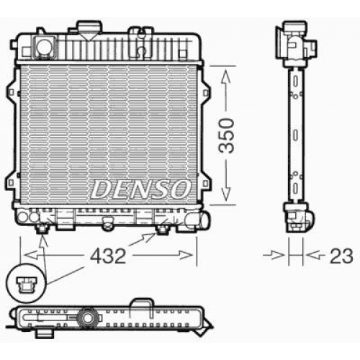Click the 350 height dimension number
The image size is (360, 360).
pyautogui.click(x=226, y=135)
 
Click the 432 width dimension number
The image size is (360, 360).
pyautogui.click(x=108, y=256)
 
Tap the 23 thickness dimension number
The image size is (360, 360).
pyautogui.click(x=341, y=256)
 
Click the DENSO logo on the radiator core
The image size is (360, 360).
pyautogui.click(x=140, y=189)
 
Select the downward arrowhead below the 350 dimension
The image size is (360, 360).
pyautogui.click(x=225, y=194)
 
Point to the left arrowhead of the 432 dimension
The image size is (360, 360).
pyautogui.click(x=31, y=256)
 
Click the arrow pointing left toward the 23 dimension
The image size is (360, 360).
pyautogui.click(x=315, y=255)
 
